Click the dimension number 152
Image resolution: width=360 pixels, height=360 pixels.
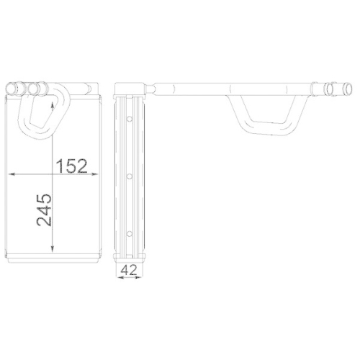71,166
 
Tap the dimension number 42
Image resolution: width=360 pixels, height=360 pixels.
129,271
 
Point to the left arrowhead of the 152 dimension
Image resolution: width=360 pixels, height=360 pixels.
10,174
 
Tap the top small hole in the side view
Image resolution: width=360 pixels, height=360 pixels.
128,119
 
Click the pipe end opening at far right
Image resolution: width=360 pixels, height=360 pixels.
332,89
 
